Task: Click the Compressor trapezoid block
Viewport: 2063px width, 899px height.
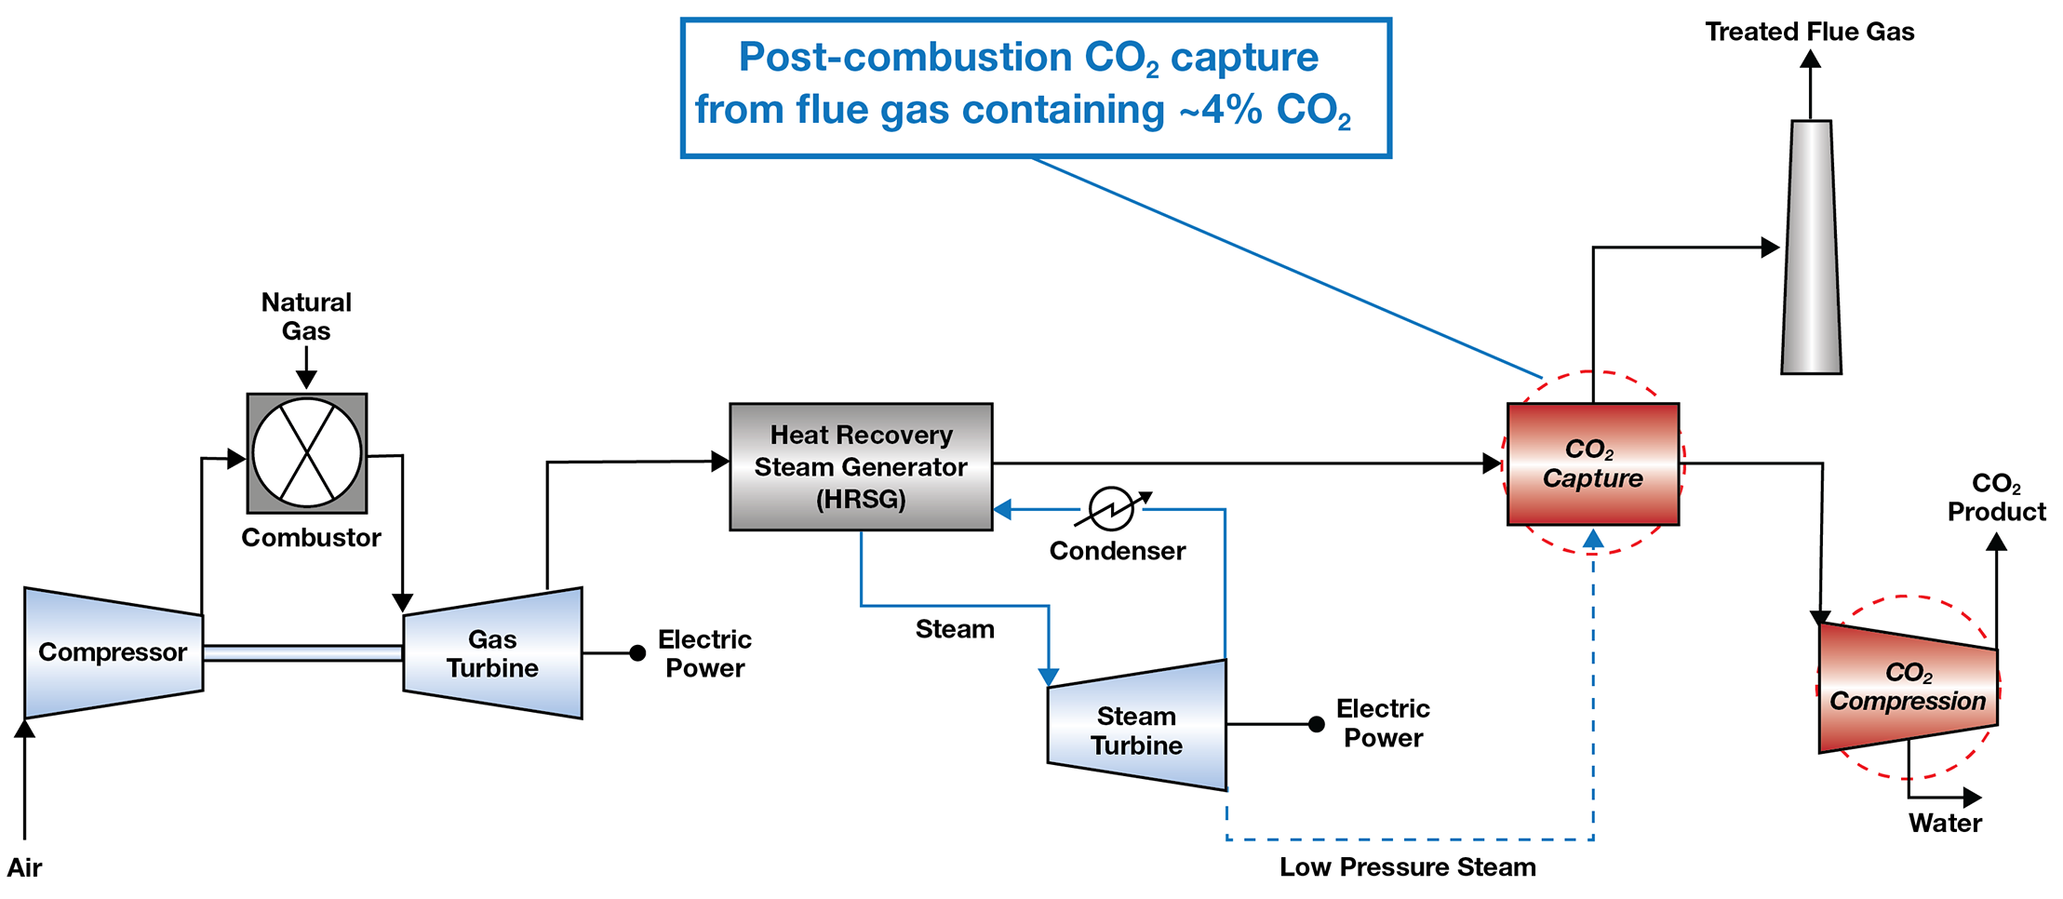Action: coord(113,652)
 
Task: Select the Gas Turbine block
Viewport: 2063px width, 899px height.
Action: coord(492,653)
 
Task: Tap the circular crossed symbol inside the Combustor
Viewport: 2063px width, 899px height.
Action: coord(307,453)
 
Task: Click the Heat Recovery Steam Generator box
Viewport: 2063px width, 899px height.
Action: coord(861,466)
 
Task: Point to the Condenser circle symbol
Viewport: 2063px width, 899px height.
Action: coord(1111,509)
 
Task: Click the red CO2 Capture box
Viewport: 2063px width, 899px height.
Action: coord(1592,463)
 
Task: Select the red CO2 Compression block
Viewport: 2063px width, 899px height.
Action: coord(1908,687)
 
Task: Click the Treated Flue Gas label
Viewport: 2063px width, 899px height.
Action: coord(1809,32)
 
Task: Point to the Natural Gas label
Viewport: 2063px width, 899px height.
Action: coord(306,316)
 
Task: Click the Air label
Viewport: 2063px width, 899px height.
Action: coord(24,867)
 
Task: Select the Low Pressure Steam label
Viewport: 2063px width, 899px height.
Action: coord(1407,866)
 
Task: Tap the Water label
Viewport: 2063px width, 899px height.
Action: coord(1945,823)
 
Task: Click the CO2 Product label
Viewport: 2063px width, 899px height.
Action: coord(1996,497)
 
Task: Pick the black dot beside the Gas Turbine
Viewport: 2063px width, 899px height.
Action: coord(637,653)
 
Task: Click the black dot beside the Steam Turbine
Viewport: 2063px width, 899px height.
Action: coord(1316,724)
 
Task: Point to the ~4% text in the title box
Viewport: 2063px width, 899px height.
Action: coord(1220,110)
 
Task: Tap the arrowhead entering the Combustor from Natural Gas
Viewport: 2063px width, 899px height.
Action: coord(306,379)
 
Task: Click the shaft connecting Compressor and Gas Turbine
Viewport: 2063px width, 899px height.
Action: coord(302,653)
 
